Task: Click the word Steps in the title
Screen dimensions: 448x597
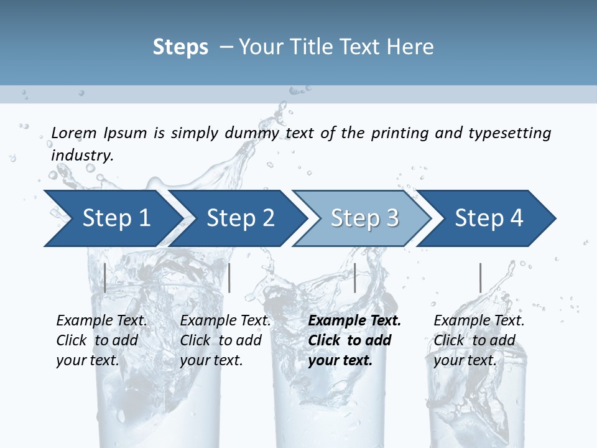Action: coord(180,47)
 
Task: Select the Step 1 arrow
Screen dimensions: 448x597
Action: coord(112,218)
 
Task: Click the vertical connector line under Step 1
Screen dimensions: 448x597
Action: coord(105,278)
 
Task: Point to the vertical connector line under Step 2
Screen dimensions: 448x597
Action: coord(229,278)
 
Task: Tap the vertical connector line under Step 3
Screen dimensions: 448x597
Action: coord(354,278)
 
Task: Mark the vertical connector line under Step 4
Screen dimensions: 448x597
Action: coord(480,278)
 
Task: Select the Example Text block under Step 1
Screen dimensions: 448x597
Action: coord(101,340)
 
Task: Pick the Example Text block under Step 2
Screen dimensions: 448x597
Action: coord(225,340)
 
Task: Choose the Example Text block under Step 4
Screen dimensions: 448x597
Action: coord(479,340)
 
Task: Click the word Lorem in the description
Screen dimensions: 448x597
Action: coord(74,133)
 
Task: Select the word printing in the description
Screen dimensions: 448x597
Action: coord(398,133)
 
